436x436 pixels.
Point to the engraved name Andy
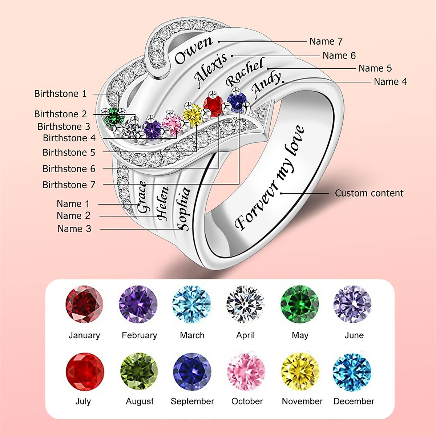coord(266,85)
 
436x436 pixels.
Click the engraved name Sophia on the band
coord(183,209)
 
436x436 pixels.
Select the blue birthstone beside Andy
coord(237,101)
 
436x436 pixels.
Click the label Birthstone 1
coord(60,94)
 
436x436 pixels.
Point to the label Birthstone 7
coord(69,185)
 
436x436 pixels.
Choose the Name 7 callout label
coord(326,41)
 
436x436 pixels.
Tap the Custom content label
coord(369,193)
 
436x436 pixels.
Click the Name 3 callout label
coord(74,229)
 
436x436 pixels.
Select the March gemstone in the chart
coord(191,304)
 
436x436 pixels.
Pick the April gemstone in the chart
coord(245,304)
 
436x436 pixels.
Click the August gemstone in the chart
coord(139,371)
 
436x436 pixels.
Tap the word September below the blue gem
coord(192,401)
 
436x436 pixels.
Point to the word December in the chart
coord(354,401)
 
